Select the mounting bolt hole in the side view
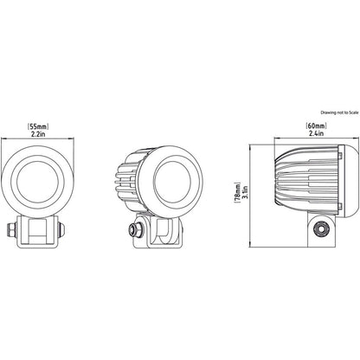tap(319, 230)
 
